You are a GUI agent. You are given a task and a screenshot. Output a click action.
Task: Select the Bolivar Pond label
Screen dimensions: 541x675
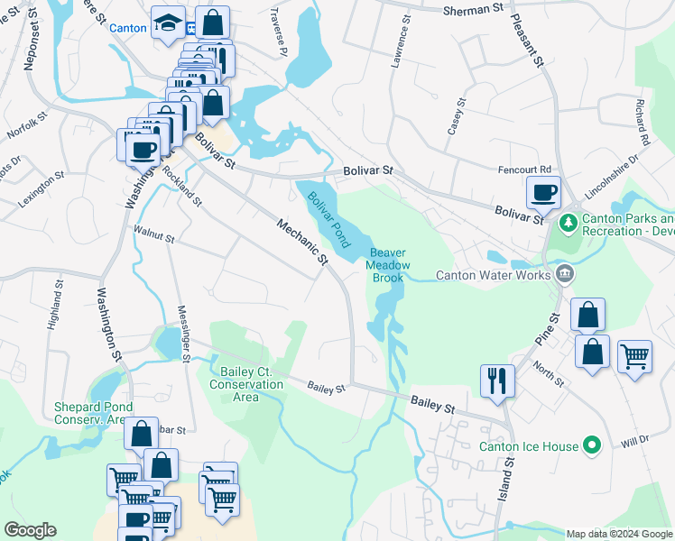[328, 219]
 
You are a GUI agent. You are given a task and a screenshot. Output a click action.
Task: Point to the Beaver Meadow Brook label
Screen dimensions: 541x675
[388, 265]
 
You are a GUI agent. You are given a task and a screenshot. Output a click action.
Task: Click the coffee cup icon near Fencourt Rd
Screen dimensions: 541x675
[544, 192]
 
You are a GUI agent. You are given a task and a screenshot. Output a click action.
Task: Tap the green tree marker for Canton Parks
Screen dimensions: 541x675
[569, 221]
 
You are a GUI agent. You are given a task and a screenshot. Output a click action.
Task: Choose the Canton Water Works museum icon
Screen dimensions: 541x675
[564, 272]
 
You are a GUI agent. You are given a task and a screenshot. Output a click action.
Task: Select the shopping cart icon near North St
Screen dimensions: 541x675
[634, 358]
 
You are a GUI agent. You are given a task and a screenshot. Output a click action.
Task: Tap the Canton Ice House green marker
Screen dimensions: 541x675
[592, 445]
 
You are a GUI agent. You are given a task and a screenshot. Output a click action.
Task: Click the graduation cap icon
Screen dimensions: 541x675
[169, 24]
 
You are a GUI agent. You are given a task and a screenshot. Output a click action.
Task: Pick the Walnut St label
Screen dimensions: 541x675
[153, 236]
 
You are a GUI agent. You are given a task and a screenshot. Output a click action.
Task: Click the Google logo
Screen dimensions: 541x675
[30, 530]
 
